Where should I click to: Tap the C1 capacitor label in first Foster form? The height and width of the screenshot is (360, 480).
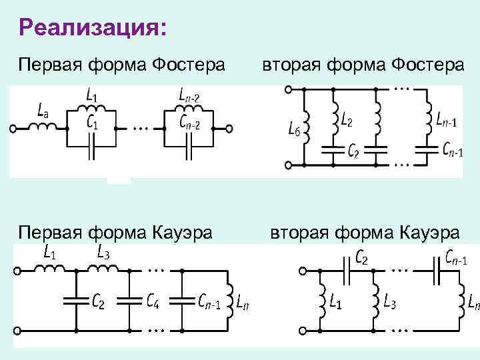click(x=93, y=123)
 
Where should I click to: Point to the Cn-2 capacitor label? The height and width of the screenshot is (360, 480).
click(x=194, y=123)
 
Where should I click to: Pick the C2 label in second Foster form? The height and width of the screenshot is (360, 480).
click(x=353, y=152)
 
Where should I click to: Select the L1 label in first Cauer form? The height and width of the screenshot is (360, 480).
click(x=49, y=253)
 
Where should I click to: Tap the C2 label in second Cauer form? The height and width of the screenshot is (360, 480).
click(x=363, y=256)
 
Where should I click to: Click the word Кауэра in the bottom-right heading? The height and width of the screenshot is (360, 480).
click(x=429, y=233)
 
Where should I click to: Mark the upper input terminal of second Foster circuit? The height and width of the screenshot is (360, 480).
click(x=287, y=88)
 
